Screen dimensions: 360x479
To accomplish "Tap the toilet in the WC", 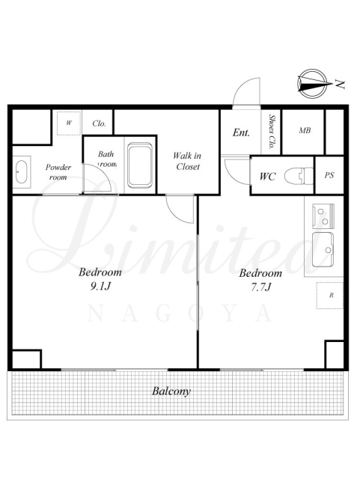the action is coord(299,176).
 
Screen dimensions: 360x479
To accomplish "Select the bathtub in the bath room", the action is coord(140,165).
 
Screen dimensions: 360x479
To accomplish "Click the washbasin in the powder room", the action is coord(22,171).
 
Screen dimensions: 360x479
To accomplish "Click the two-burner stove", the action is coord(323,216).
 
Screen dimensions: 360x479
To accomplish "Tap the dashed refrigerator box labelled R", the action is coord(330,296).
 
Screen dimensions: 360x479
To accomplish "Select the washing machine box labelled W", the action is coord(69,123).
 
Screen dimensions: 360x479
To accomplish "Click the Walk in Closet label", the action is coord(187,162).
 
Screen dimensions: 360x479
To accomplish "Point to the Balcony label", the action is coord(171,391).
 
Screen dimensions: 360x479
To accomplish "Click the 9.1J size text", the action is coord(100,286).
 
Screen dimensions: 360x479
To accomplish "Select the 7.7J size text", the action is coord(260,287).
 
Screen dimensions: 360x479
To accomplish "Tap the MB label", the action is coord(305,130).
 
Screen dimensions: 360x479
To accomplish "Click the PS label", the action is coord(329,175).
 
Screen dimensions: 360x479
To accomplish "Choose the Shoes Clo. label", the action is coord(271,132).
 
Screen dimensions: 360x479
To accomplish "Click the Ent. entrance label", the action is coord(241,132).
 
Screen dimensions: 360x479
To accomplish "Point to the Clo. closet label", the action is coord(99,123).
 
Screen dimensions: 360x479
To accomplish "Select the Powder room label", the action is coord(58,172).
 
